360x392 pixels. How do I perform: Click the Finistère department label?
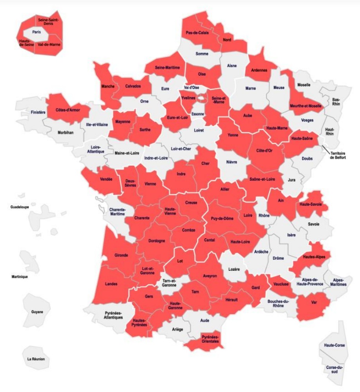click(x=38, y=112)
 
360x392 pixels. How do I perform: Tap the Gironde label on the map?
click(x=121, y=255)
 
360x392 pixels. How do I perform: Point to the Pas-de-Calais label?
click(x=197, y=33)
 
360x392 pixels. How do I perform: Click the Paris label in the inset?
click(x=37, y=32)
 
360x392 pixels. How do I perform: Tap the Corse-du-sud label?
click(x=334, y=370)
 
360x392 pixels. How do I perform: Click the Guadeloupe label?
click(x=20, y=207)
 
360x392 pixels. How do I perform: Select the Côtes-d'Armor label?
click(x=67, y=110)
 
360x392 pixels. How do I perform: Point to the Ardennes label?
click(x=259, y=71)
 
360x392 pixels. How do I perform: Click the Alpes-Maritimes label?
click(x=339, y=282)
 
